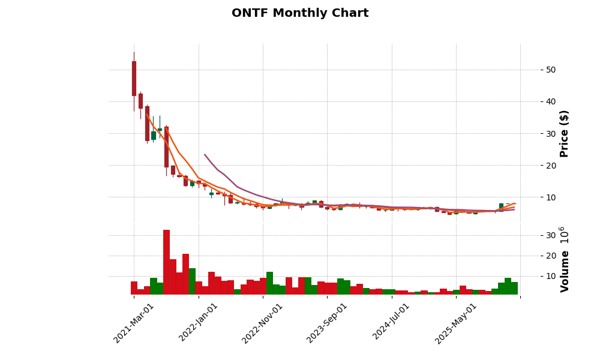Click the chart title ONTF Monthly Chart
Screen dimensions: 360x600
pyautogui.click(x=300, y=13)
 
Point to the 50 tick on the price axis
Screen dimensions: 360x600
pyautogui.click(x=551, y=70)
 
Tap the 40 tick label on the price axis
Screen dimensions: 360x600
pyautogui.click(x=551, y=101)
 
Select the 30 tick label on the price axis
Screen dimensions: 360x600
pyautogui.click(x=551, y=133)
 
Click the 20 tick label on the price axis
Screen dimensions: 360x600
pyautogui.click(x=551, y=165)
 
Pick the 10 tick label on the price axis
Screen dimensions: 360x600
pyautogui.click(x=551, y=197)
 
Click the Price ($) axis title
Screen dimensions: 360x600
pyautogui.click(x=564, y=133)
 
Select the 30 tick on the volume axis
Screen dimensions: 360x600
pyautogui.click(x=551, y=235)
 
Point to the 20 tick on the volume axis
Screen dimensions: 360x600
pyautogui.click(x=551, y=256)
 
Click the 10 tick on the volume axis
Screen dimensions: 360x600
pyautogui.click(x=551, y=276)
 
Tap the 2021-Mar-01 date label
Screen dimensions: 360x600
pyautogui.click(x=134, y=323)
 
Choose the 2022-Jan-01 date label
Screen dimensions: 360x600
pyautogui.click(x=199, y=323)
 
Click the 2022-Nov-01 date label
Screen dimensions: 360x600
pyautogui.click(x=263, y=323)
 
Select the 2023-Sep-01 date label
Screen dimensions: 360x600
pyautogui.click(x=328, y=323)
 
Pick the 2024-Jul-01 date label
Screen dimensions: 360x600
pyautogui.click(x=392, y=323)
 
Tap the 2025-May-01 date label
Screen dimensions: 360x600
pyautogui.click(x=456, y=323)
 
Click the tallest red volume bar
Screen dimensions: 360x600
pyautogui.click(x=166, y=262)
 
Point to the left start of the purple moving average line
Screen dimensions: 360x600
pyautogui.click(x=205, y=154)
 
